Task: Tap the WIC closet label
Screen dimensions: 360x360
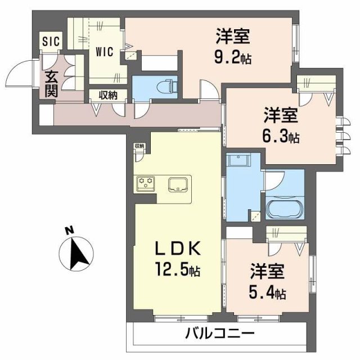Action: [104, 51]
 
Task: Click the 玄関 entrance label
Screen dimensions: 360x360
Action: [51, 83]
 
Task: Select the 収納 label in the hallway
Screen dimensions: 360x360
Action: [108, 94]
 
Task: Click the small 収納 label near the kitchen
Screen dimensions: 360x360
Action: [139, 146]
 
